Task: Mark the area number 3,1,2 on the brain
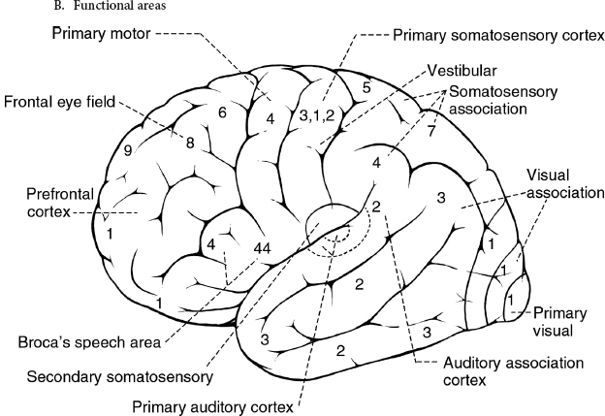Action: tap(317, 115)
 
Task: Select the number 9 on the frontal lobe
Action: tap(128, 150)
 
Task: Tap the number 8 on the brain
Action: tap(190, 144)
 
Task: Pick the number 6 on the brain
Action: tap(222, 113)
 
